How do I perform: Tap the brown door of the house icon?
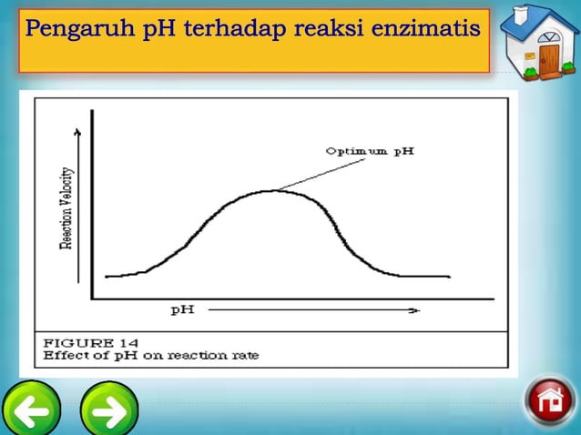tap(549, 61)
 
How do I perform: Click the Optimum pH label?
tap(369, 151)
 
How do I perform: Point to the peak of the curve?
tap(270, 190)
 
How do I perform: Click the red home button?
tap(550, 401)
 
